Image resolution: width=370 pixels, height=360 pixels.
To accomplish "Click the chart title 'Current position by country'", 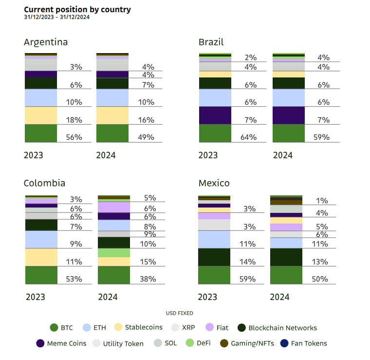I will tap(77, 9).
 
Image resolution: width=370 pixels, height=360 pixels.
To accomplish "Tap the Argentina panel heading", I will tap(46, 42).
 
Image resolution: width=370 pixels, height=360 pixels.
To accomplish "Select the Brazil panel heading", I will tap(211, 42).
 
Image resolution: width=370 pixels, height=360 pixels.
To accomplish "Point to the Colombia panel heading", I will tap(44, 183).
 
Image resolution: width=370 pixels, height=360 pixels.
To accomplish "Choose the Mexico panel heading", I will tap(214, 183).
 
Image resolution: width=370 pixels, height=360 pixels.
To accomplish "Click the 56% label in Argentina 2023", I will tap(74, 137).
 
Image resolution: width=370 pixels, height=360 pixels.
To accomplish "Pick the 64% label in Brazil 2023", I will tap(248, 137).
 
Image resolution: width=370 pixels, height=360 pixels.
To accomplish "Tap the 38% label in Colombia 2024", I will tap(148, 279).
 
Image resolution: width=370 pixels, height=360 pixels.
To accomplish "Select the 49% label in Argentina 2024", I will tap(146, 137).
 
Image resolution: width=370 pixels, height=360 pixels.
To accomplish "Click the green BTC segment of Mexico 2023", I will tap(214, 275).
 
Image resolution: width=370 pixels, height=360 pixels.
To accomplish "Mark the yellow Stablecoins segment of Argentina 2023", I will tap(40, 115).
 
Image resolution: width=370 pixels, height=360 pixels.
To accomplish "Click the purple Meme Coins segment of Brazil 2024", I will tap(289, 115).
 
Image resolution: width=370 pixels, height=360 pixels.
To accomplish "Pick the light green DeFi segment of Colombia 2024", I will tap(114, 253).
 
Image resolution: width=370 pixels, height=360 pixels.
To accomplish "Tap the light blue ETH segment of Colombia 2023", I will tap(40, 240).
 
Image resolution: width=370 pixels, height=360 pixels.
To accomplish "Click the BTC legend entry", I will tap(61, 328).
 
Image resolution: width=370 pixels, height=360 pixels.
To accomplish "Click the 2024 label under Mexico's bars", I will tap(280, 297).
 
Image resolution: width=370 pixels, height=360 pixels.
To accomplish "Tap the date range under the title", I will tap(56, 18).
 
